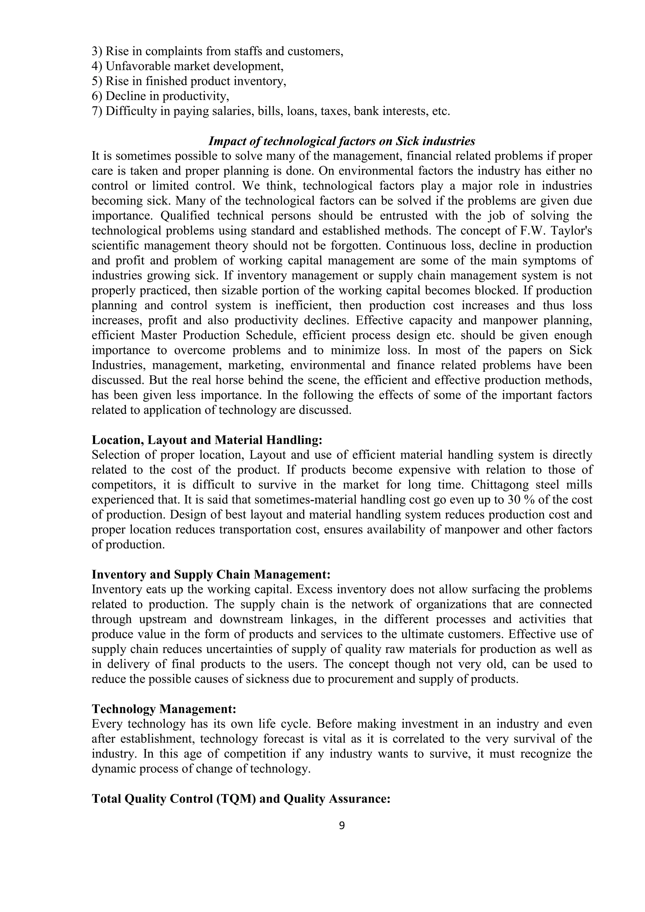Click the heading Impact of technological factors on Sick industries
pos(342,141)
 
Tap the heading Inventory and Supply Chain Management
pos(211,574)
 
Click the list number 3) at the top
pos(97,51)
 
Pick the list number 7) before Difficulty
pos(97,111)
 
